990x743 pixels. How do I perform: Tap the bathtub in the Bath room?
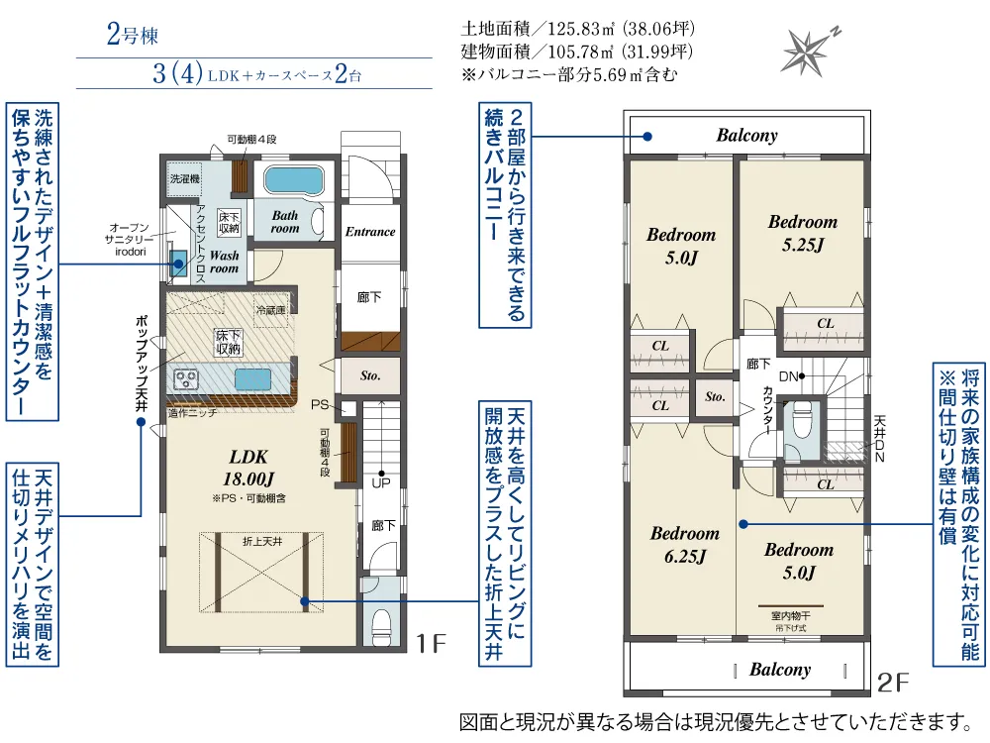(294, 180)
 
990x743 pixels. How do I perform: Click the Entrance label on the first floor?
(370, 232)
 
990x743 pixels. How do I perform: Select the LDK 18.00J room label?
(248, 468)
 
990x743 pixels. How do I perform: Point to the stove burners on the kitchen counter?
(186, 379)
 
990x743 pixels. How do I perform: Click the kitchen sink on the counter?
(253, 379)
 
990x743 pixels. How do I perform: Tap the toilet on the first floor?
(382, 625)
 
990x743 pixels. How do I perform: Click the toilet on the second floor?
(803, 420)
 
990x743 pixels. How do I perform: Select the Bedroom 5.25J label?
(803, 233)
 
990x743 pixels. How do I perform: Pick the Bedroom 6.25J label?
(685, 545)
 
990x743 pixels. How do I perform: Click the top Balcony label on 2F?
(746, 135)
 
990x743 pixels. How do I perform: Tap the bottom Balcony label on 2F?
(780, 670)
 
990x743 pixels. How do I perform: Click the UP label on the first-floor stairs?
(381, 483)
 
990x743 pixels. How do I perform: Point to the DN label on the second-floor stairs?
(789, 376)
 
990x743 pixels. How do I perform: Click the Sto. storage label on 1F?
(370, 375)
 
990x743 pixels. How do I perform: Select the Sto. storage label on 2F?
(715, 397)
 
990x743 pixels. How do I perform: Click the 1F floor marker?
(431, 644)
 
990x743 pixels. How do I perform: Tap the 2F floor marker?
(893, 683)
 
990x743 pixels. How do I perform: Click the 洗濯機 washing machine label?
(184, 178)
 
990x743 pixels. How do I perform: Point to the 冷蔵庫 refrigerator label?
(271, 310)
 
